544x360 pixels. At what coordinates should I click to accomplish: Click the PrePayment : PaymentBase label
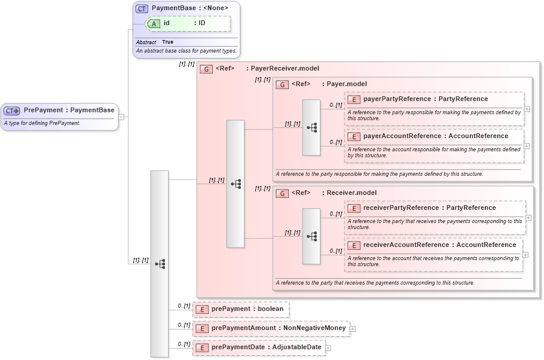69,110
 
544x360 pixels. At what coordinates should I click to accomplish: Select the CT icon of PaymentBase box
142,8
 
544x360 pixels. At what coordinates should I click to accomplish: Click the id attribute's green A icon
154,23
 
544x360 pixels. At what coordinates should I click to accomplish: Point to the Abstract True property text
155,42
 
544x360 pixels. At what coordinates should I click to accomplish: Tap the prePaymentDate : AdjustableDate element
259,347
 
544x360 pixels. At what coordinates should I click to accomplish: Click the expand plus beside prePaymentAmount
353,328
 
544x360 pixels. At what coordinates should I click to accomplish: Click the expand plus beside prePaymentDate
328,347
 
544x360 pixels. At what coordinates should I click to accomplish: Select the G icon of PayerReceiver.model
206,69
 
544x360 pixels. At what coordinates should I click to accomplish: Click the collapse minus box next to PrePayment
121,117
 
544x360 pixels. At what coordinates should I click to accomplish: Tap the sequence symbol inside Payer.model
311,127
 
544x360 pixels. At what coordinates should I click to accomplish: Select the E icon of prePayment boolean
202,309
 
